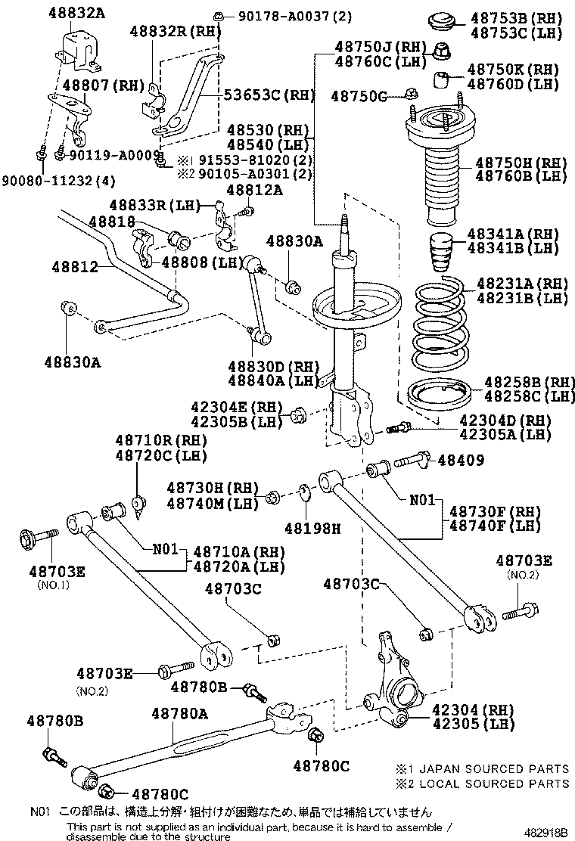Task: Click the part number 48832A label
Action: click(x=57, y=13)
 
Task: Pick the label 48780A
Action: click(x=179, y=712)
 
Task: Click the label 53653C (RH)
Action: click(x=259, y=95)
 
